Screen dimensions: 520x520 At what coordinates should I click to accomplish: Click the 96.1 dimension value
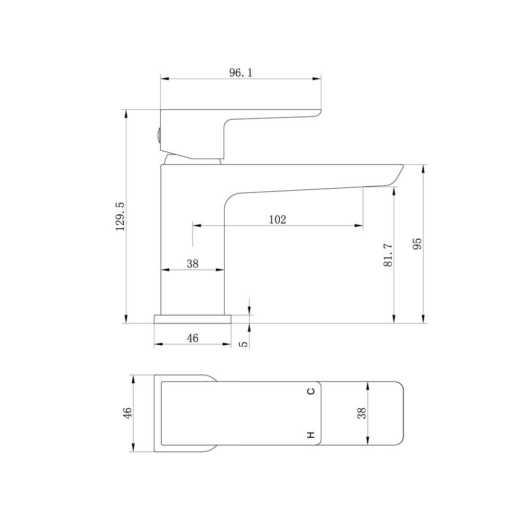tap(241, 73)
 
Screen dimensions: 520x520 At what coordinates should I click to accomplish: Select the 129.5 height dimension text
tap(120, 216)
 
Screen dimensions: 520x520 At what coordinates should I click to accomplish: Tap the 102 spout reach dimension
tap(277, 219)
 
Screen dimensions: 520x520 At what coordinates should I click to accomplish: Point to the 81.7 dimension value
tap(388, 255)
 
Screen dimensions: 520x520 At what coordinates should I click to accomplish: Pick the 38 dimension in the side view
tap(192, 264)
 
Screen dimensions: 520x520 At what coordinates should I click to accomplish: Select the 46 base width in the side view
tap(192, 338)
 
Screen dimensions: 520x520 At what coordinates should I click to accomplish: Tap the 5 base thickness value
tap(244, 344)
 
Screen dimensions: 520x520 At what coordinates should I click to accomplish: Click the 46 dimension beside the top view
tap(127, 413)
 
